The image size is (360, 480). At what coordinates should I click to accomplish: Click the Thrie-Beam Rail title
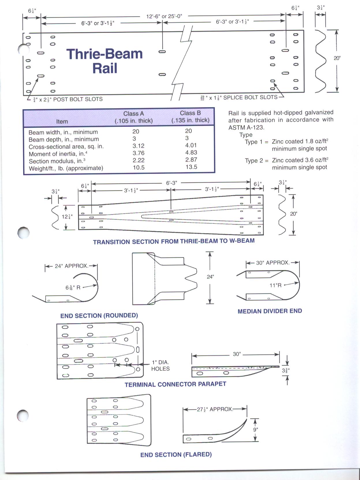click(105, 61)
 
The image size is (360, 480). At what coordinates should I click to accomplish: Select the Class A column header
click(134, 117)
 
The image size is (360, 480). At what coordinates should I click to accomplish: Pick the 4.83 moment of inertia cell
click(191, 153)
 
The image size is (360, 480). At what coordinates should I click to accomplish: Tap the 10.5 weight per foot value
click(139, 168)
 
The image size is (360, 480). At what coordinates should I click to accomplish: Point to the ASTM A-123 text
click(246, 127)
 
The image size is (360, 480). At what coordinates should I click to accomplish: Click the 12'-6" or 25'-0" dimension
click(164, 16)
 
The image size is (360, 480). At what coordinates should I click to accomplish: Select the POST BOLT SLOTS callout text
click(78, 99)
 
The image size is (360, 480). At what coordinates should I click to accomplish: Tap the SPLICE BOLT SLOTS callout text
click(250, 97)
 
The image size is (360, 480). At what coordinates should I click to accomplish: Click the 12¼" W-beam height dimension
click(67, 217)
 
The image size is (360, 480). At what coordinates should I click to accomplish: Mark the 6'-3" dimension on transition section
click(171, 183)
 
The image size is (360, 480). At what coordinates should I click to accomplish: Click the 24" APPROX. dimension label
click(71, 266)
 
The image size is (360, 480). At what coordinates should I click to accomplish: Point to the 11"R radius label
click(275, 285)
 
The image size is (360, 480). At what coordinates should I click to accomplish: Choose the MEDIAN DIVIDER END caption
click(270, 311)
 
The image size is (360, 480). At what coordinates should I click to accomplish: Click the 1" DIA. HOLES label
click(160, 365)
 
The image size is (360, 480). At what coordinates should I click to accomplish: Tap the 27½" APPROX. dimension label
click(214, 409)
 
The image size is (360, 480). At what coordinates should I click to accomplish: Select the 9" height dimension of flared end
click(255, 430)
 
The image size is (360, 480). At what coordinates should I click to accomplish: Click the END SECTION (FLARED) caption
click(176, 455)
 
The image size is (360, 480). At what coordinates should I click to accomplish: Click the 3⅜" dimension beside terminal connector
click(285, 370)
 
